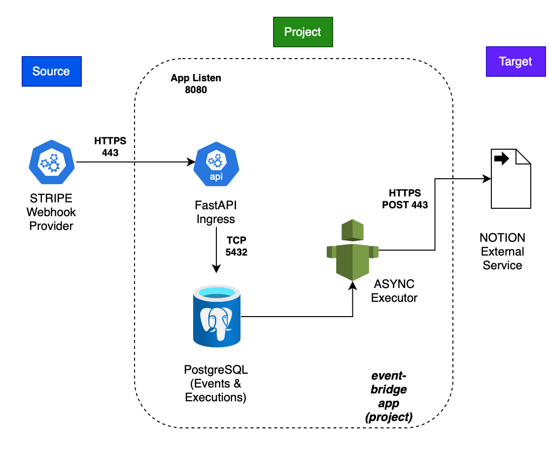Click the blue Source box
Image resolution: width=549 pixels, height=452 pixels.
coord(51,71)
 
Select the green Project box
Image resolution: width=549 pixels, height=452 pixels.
coord(303,32)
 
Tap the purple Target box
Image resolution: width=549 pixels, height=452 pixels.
coord(515,62)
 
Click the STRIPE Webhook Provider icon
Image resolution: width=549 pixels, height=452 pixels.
coord(51,161)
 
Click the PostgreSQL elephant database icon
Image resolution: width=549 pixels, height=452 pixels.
coord(216,318)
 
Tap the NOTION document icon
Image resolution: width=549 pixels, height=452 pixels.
coord(511,178)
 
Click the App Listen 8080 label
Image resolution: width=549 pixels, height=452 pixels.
coord(196,84)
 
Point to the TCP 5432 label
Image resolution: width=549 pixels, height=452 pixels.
coord(237,246)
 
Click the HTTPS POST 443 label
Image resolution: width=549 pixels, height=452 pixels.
coord(405,198)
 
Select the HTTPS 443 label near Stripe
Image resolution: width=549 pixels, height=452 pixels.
coord(110,147)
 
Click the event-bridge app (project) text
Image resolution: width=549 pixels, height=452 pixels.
coord(389,396)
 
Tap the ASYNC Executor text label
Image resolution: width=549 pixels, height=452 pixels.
coord(394,291)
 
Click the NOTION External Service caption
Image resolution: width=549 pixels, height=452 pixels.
coord(502,251)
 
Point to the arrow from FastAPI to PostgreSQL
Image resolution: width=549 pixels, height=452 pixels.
coord(216,251)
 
